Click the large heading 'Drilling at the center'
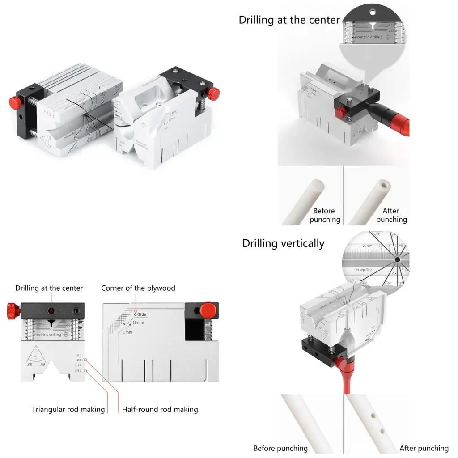click(x=289, y=20)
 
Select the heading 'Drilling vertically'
click(x=283, y=243)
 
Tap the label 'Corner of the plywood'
click(x=138, y=288)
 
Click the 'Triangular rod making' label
click(x=68, y=409)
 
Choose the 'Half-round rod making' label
click(x=160, y=409)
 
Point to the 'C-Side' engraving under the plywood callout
click(x=140, y=314)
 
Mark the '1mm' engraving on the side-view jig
click(x=127, y=332)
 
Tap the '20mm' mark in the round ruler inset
click(x=368, y=246)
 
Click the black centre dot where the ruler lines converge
click(x=397, y=259)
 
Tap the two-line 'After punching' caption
click(x=391, y=215)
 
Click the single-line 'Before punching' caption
click(x=280, y=448)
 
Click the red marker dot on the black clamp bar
click(x=51, y=310)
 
